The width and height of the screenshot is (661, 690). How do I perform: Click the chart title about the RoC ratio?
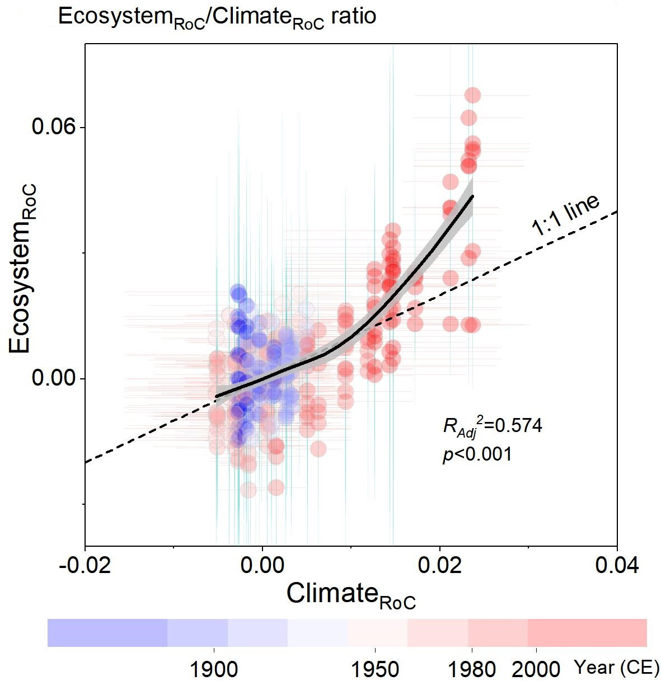tap(217, 17)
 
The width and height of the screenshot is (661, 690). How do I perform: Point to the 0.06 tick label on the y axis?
tap(53, 126)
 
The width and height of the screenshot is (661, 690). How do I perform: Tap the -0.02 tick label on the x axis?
tap(85, 565)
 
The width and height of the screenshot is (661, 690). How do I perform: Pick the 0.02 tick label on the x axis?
tap(440, 565)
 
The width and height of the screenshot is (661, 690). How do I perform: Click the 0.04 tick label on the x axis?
tap(617, 565)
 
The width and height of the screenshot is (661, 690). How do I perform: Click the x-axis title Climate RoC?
tap(351, 595)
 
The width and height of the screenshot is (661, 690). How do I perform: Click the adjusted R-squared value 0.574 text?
tap(493, 426)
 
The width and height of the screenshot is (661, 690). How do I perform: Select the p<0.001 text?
tap(477, 454)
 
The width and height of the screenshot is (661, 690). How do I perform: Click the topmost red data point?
tap(472, 95)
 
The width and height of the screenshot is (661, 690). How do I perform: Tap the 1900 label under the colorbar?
tap(214, 669)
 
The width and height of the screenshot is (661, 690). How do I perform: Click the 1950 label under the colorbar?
tap(375, 669)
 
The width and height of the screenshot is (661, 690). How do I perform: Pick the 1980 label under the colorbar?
tap(472, 669)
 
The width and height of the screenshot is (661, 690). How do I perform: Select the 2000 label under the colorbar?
tap(536, 669)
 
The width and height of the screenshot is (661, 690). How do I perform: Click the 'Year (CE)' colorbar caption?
tap(617, 667)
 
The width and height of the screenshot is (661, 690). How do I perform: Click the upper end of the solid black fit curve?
tap(473, 196)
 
